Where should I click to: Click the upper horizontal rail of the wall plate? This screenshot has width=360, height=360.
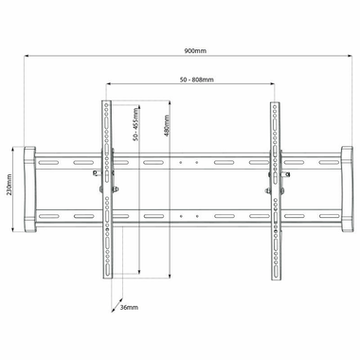point(189,164)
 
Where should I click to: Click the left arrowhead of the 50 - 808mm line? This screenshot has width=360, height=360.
point(110,87)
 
